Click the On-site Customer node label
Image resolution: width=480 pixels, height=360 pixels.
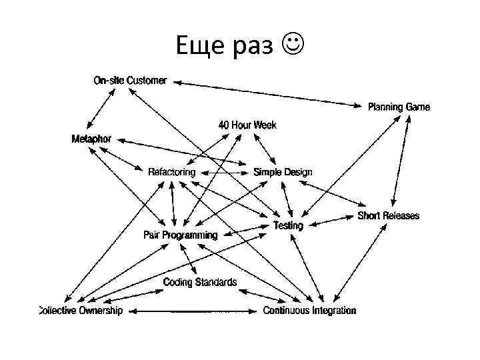(129, 81)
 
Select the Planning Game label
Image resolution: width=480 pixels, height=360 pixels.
(399, 107)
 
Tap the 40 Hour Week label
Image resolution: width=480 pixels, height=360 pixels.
(247, 125)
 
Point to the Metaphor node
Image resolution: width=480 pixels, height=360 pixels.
(91, 139)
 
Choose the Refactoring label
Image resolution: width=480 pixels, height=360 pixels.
(172, 172)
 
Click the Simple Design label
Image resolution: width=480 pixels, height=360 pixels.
(283, 172)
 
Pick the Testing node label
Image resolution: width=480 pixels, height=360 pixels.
(288, 225)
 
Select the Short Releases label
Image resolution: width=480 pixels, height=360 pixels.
(389, 215)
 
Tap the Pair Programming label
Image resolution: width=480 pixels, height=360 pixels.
(181, 235)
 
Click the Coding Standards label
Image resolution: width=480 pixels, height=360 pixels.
(200, 282)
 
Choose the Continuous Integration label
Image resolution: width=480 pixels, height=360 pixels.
(309, 311)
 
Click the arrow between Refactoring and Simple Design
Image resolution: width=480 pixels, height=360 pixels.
(225, 173)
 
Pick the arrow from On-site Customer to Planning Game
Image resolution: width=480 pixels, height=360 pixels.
(267, 93)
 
